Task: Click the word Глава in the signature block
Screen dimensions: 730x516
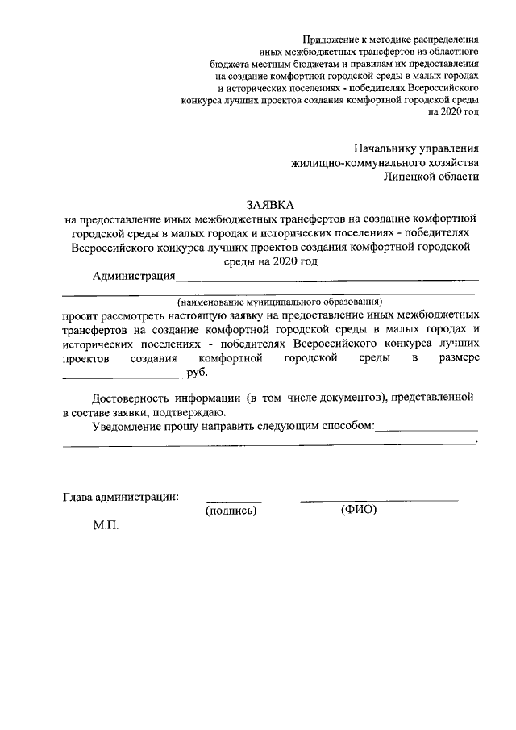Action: click(x=77, y=496)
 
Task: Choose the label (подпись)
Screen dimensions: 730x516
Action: click(x=231, y=511)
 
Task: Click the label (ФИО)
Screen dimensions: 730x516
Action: click(x=359, y=510)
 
